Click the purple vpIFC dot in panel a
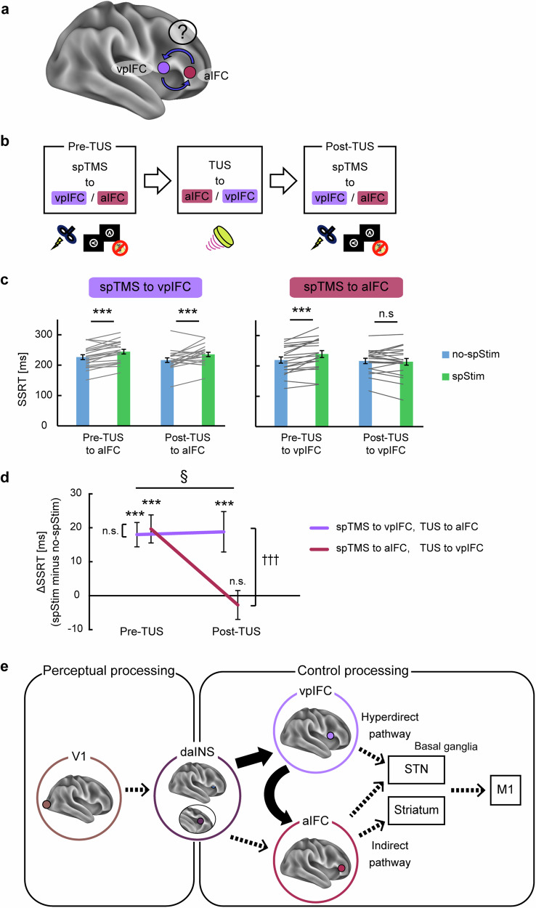(x=164, y=68)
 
